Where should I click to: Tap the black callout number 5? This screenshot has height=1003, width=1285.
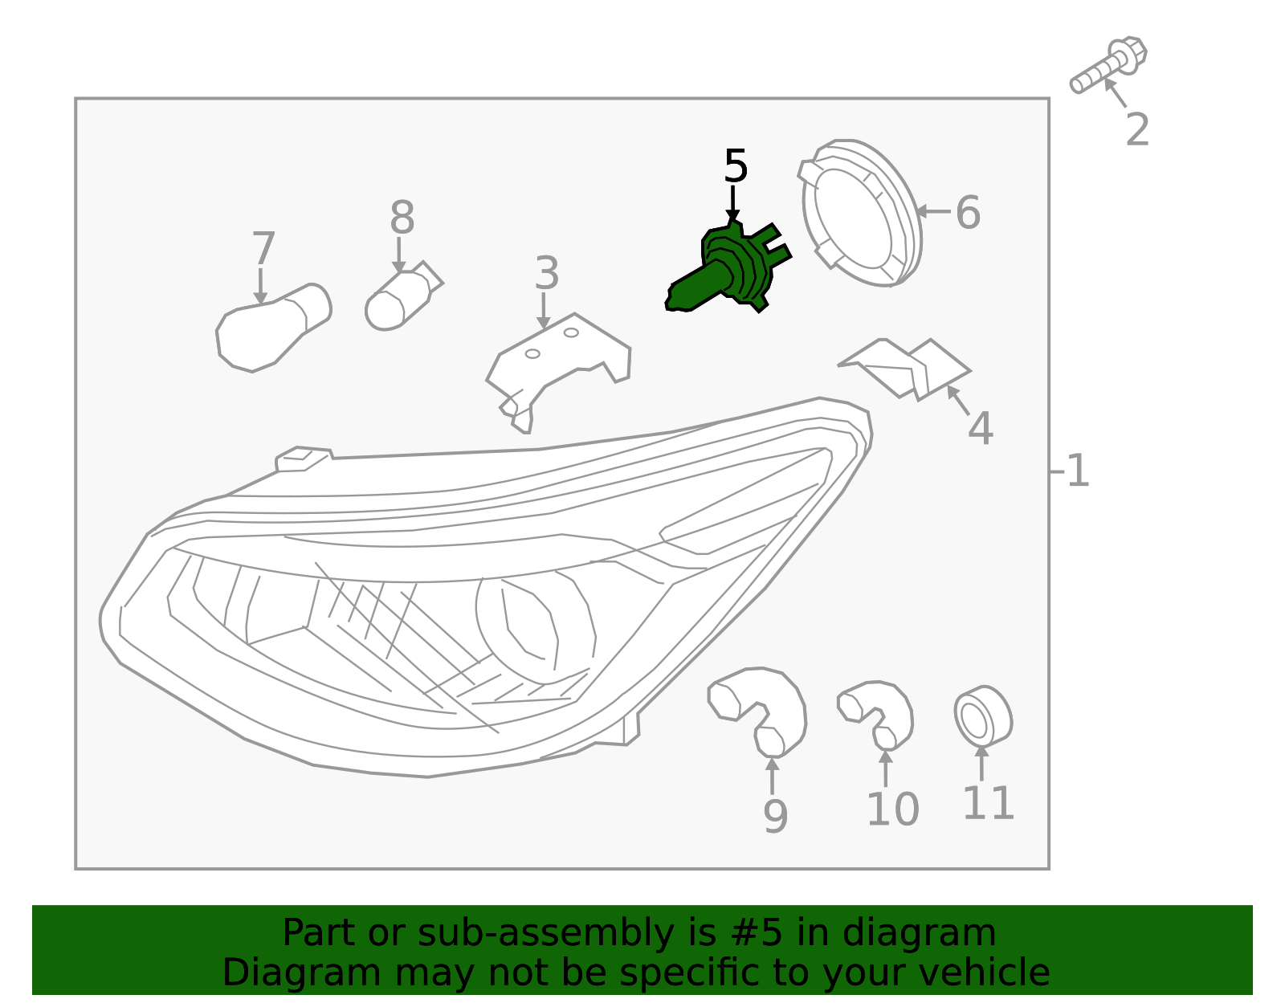point(735,166)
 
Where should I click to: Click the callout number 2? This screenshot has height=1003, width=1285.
point(1137,130)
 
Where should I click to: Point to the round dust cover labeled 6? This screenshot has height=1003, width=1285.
point(861,213)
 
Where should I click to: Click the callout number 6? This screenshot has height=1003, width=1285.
point(968,213)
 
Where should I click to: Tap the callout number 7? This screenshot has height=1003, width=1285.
point(263,248)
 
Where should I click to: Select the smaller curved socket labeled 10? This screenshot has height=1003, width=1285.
point(877,711)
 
